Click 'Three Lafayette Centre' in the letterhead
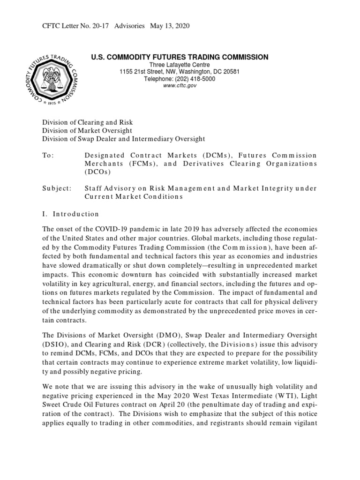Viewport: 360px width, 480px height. [180, 65]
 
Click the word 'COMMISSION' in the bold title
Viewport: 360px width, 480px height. [244, 57]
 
